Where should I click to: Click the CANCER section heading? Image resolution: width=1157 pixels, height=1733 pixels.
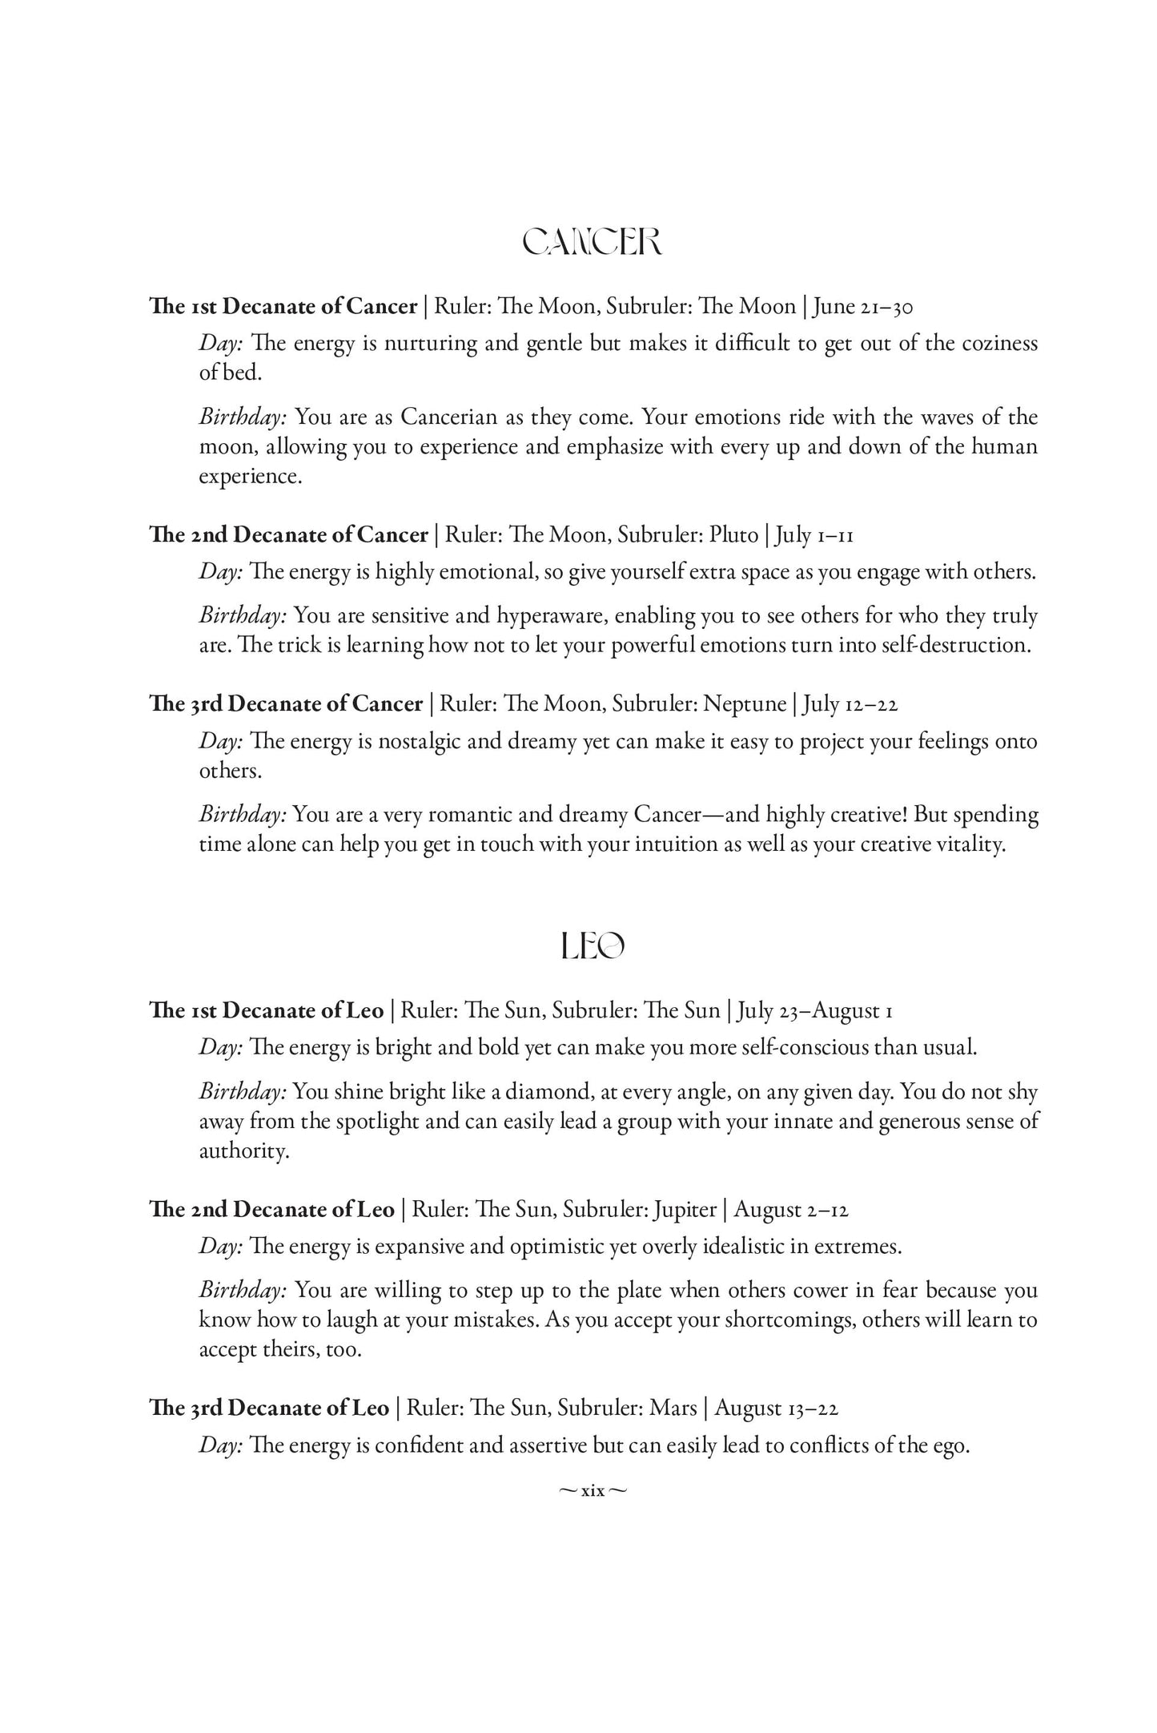pyautogui.click(x=592, y=242)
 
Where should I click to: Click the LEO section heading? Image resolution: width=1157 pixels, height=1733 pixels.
pyautogui.click(x=593, y=947)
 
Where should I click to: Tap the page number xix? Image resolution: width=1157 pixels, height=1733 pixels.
pyautogui.click(x=593, y=1491)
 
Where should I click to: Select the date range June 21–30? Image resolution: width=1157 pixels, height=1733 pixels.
pyautogui.click(x=864, y=307)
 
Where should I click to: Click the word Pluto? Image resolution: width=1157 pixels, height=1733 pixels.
pyautogui.click(x=733, y=534)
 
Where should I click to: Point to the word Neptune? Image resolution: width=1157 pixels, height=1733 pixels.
pyautogui.click(x=745, y=704)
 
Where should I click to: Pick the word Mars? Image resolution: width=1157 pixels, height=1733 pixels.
pyautogui.click(x=673, y=1408)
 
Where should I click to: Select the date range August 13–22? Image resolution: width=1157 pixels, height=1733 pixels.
pyautogui.click(x=777, y=1408)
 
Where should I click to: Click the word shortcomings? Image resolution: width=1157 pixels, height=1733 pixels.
pyautogui.click(x=789, y=1320)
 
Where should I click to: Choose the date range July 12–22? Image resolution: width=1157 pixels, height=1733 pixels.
pyautogui.click(x=850, y=704)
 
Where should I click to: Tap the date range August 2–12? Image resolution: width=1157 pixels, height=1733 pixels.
pyautogui.click(x=791, y=1209)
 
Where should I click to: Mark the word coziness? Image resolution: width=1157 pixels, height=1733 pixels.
pyautogui.click(x=1000, y=344)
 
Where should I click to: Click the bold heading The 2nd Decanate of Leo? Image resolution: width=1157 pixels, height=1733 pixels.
pyautogui.click(x=272, y=1209)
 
